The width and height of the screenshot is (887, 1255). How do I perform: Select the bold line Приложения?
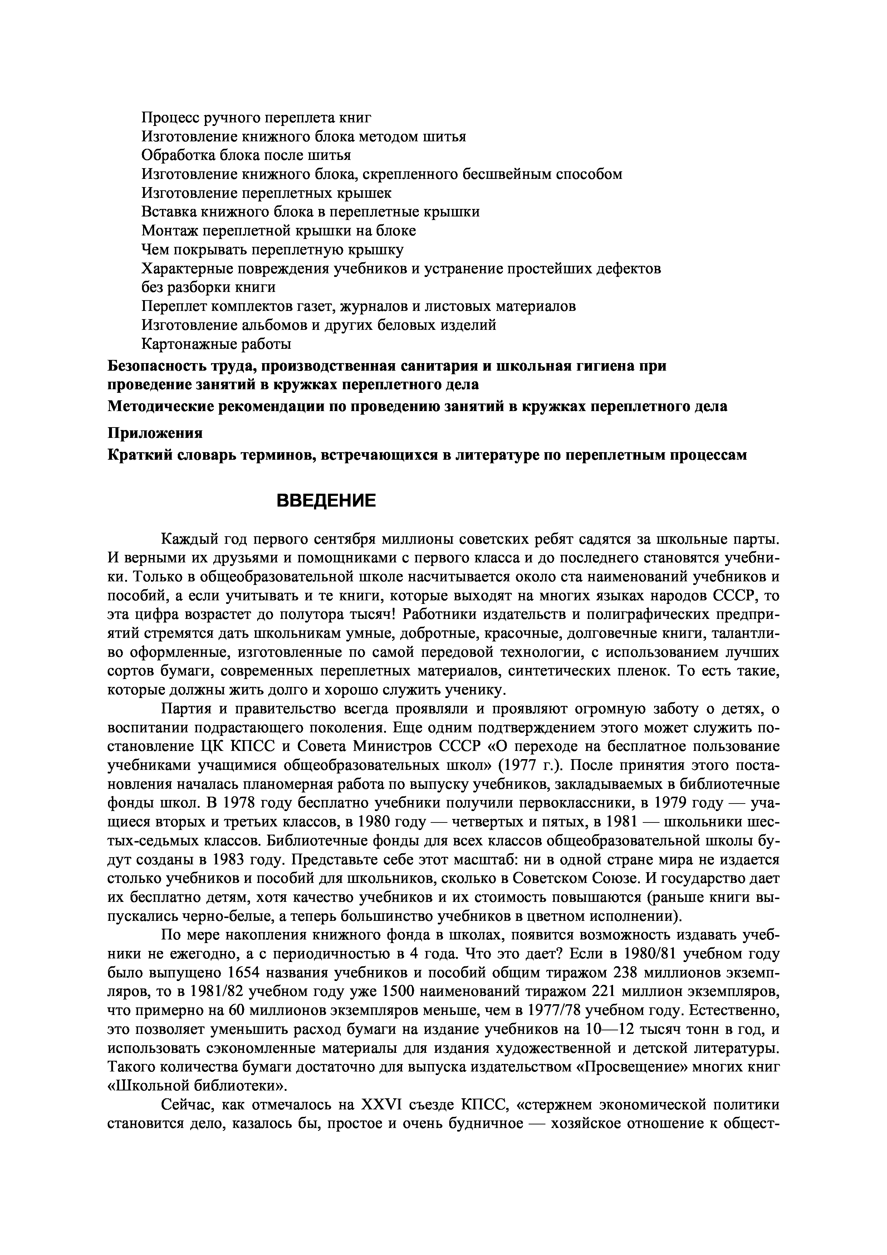click(155, 433)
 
